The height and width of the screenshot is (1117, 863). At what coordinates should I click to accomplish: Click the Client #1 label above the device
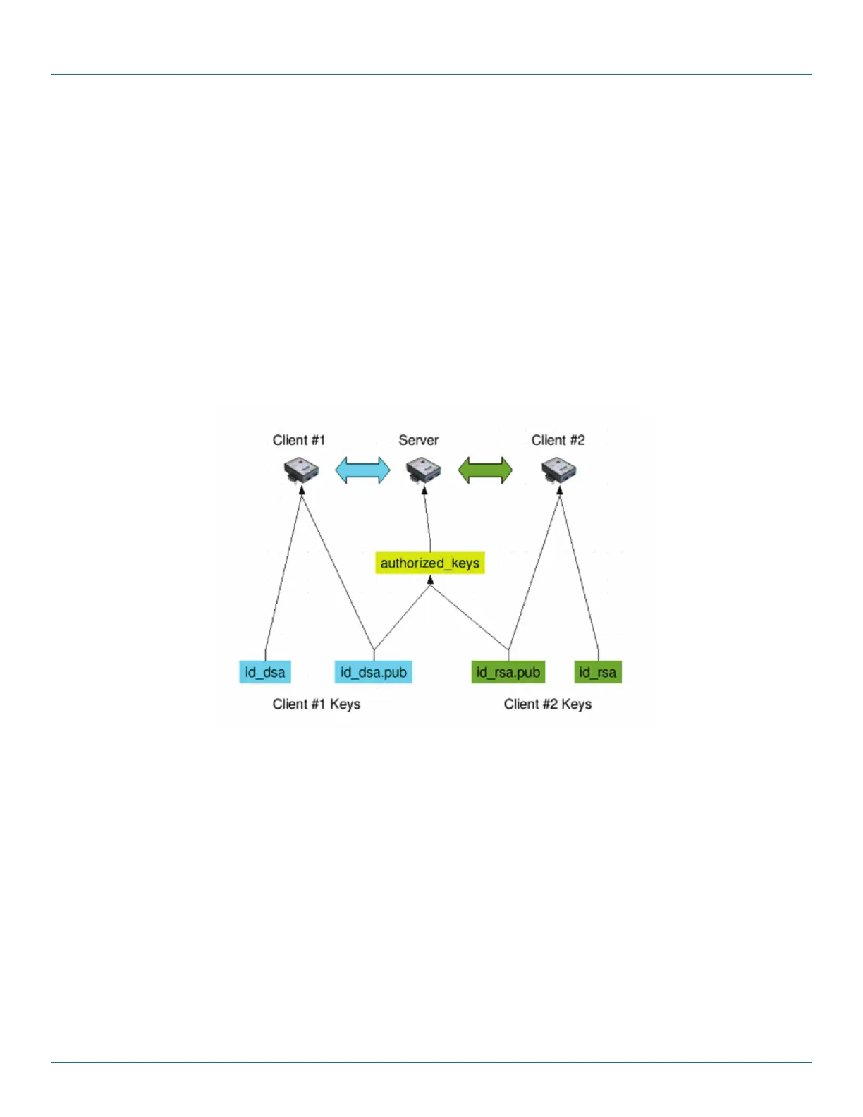pyautogui.click(x=299, y=440)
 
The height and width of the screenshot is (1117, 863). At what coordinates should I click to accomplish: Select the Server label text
pyautogui.click(x=418, y=440)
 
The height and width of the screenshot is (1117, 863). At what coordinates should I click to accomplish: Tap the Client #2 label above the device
pyautogui.click(x=558, y=440)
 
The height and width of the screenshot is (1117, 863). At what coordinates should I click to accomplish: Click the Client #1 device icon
pyautogui.click(x=302, y=471)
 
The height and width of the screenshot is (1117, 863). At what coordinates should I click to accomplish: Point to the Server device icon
pyautogui.click(x=423, y=471)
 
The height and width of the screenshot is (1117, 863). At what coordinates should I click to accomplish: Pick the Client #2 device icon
pyautogui.click(x=559, y=471)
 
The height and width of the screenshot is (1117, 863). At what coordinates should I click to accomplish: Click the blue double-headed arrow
pyautogui.click(x=362, y=470)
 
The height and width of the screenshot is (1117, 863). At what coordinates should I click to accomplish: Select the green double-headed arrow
pyautogui.click(x=485, y=470)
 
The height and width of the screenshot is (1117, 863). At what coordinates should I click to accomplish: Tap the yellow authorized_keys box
pyautogui.click(x=430, y=563)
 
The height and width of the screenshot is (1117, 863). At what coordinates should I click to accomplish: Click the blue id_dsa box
pyautogui.click(x=265, y=672)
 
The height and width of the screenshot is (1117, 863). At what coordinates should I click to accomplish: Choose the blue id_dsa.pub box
pyautogui.click(x=373, y=672)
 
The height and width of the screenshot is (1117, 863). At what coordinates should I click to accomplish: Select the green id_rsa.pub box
pyautogui.click(x=508, y=672)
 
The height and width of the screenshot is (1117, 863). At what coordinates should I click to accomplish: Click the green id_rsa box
pyautogui.click(x=598, y=672)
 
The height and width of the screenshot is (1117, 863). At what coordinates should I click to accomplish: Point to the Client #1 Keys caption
pyautogui.click(x=316, y=704)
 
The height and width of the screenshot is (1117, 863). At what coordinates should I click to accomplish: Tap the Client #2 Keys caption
pyautogui.click(x=547, y=704)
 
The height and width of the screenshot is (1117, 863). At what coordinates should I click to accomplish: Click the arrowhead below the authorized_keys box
pyautogui.click(x=430, y=580)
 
